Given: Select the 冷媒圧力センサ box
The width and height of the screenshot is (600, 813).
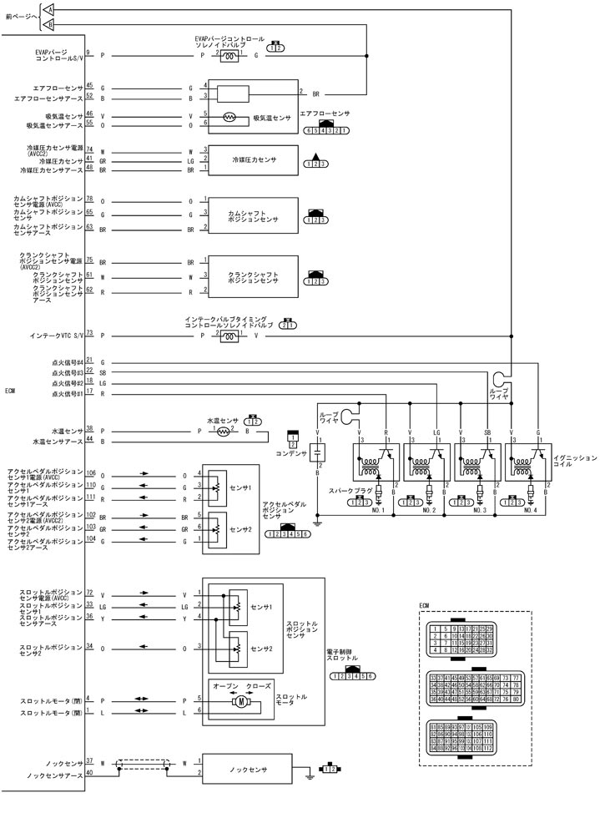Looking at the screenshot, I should point(254,159).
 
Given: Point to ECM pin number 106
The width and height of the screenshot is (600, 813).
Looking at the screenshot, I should point(89,472).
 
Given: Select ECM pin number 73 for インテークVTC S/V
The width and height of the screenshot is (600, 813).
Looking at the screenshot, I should point(88,332).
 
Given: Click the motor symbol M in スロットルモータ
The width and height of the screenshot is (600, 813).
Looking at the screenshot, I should point(240,704).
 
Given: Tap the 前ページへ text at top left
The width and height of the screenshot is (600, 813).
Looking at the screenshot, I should point(18,16).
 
